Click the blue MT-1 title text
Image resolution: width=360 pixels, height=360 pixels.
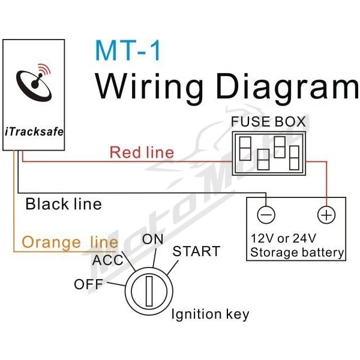128,50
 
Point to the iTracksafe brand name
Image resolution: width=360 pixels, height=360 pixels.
34,132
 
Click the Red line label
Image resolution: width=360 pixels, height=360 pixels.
142,152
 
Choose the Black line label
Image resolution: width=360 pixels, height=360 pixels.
64,204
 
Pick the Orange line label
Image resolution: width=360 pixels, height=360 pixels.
70,242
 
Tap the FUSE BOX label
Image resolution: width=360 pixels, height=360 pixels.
268,122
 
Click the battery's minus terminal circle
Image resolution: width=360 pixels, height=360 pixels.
266,215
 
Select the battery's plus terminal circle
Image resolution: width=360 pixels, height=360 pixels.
326,215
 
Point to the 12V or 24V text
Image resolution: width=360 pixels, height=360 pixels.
283,238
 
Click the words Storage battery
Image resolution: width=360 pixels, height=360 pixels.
297,253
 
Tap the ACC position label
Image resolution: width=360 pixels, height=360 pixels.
107,260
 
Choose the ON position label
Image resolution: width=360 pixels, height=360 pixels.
152,239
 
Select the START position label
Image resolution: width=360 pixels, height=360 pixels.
196,251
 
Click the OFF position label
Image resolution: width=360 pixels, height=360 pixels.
88,284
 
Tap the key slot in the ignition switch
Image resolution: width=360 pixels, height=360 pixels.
149,291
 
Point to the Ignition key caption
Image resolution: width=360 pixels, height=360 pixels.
210,314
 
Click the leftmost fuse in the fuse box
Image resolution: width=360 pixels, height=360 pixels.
245,149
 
